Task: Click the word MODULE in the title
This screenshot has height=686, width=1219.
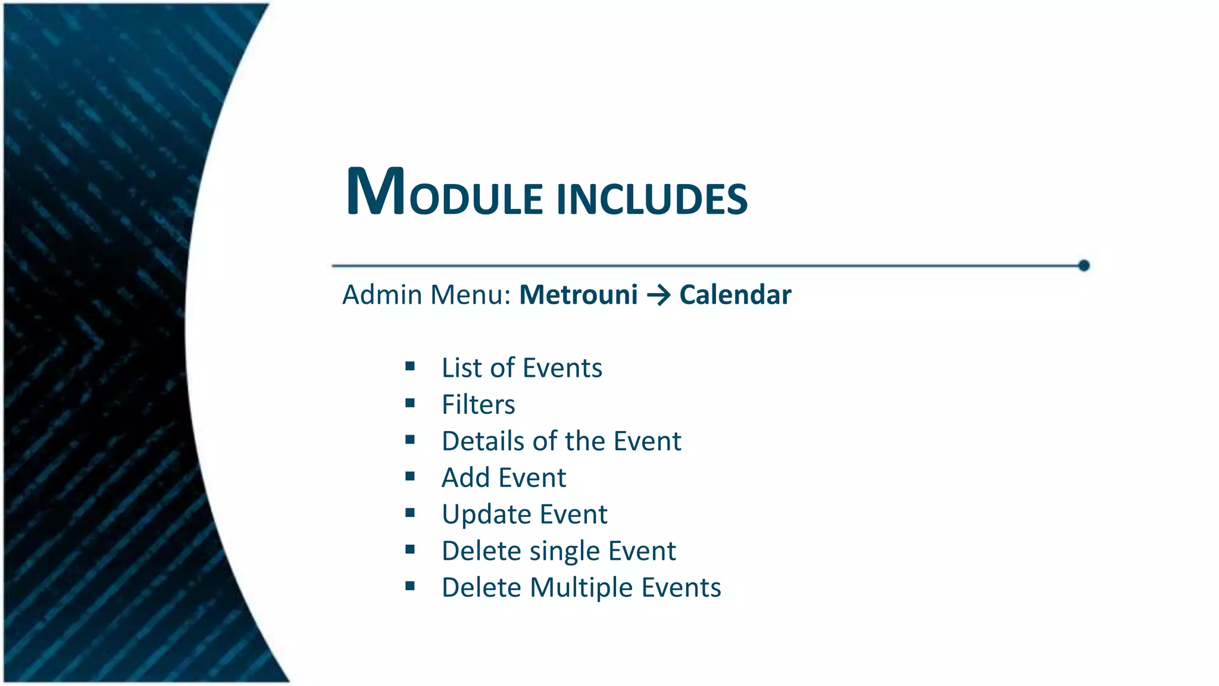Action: [x=443, y=194]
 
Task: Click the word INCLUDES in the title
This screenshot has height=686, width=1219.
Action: [x=652, y=199]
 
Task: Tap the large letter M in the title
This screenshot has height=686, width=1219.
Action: [x=376, y=192]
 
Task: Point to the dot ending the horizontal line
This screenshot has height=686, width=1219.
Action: [x=1083, y=266]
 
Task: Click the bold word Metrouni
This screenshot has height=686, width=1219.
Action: [x=578, y=295]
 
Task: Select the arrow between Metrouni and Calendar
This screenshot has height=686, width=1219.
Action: [x=658, y=295]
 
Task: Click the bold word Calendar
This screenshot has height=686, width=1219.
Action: [x=735, y=295]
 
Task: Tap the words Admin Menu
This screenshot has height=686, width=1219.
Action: [x=426, y=295]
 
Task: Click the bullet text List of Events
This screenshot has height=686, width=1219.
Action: [x=521, y=367]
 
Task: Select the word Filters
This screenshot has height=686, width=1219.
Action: [x=478, y=404]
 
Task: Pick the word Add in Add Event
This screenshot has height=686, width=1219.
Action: [x=465, y=478]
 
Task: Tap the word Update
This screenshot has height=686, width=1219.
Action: [x=486, y=514]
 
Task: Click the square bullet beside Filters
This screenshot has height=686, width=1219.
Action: [x=410, y=403]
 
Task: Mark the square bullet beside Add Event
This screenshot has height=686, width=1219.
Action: [x=410, y=476]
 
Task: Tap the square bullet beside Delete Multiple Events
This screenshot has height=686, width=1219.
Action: [x=410, y=586]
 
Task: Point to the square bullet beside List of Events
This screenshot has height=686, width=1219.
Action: [x=410, y=366]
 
